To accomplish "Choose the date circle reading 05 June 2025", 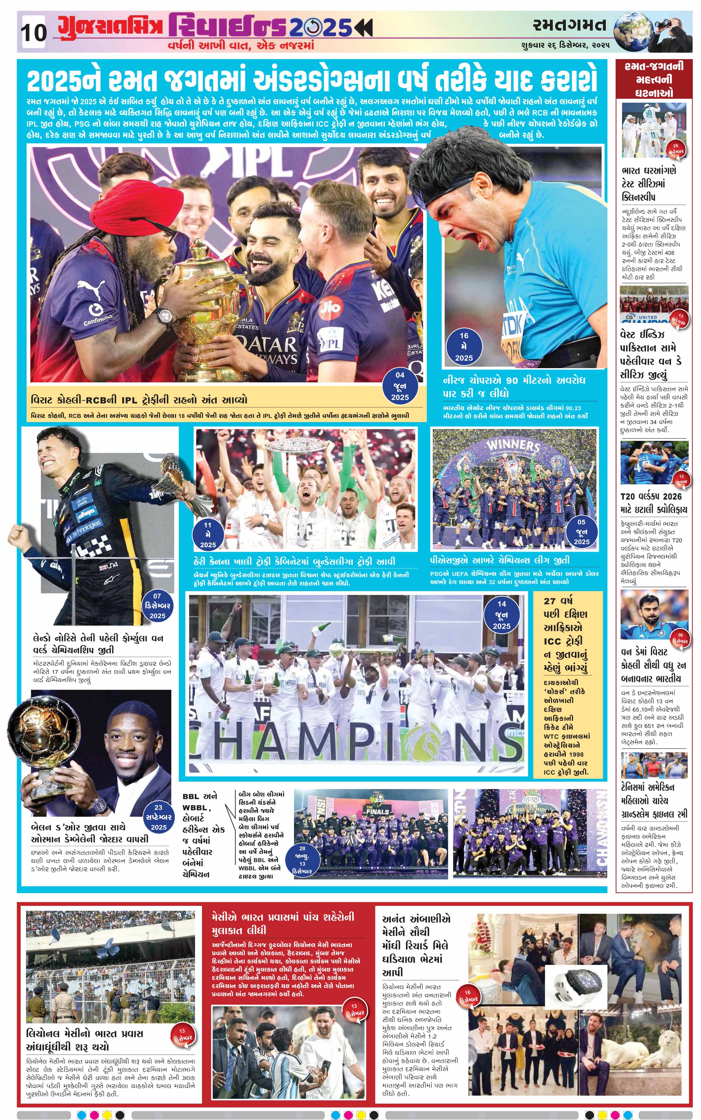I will point(581,532).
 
